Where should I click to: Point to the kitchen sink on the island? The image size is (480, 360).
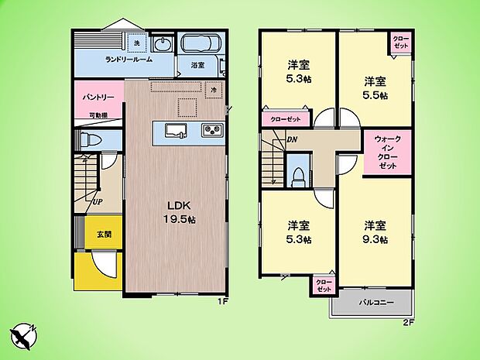[175, 130]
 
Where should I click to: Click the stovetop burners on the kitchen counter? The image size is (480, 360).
[211, 130]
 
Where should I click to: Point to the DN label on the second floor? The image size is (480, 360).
[292, 140]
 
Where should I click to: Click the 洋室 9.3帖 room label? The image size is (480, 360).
[377, 232]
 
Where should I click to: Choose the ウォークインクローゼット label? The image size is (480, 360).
[388, 153]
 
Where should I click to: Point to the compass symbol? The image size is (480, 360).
[24, 335]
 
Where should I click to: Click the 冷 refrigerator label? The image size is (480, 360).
[214, 90]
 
